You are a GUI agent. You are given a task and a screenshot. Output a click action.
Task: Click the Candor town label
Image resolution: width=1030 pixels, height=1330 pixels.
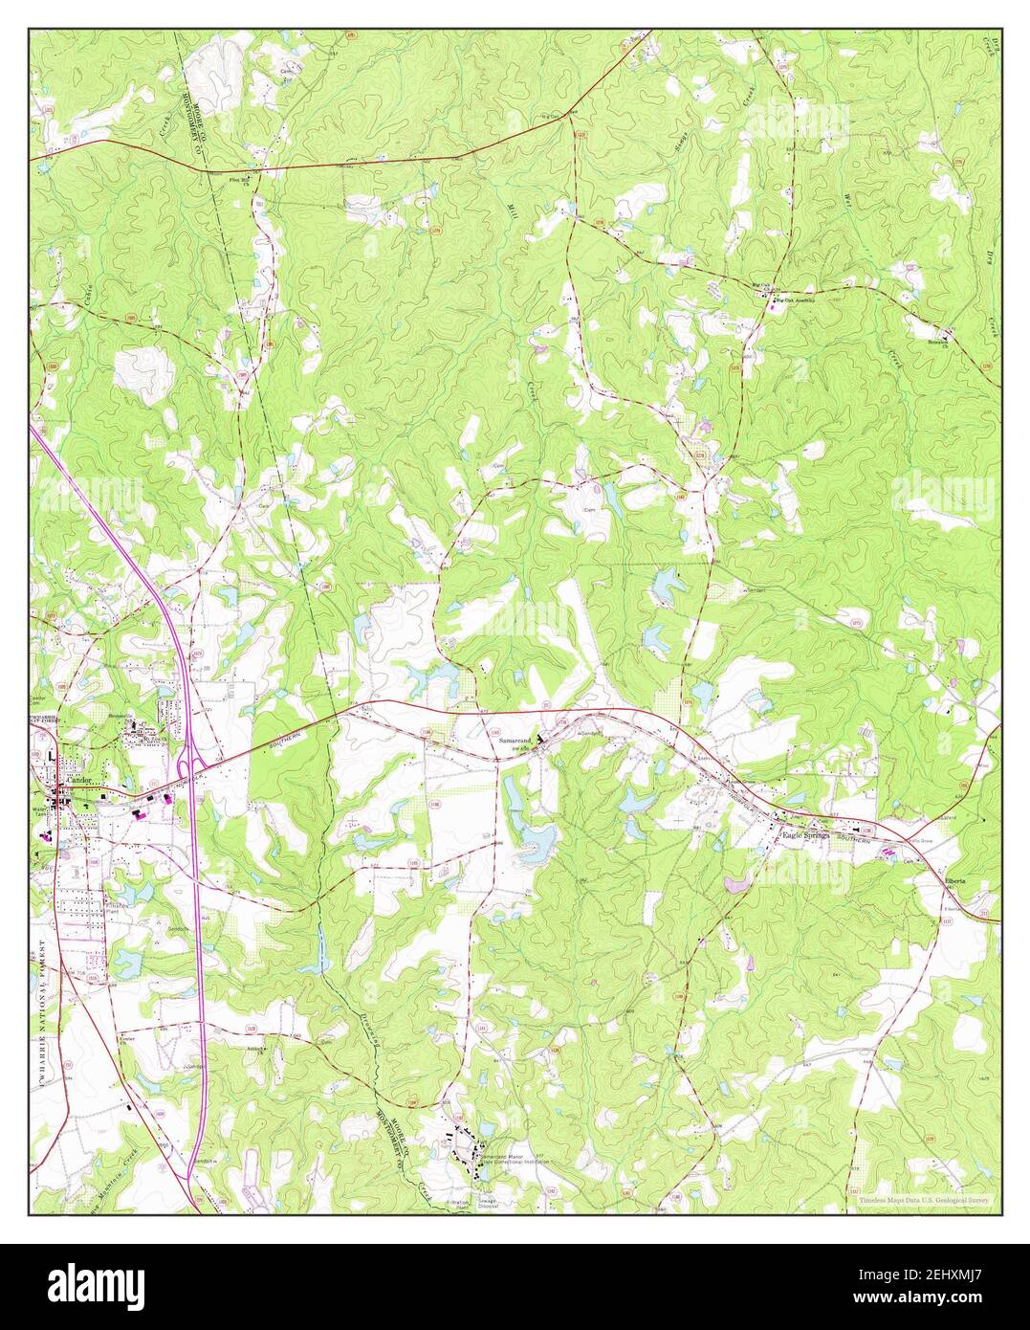tap(77, 782)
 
